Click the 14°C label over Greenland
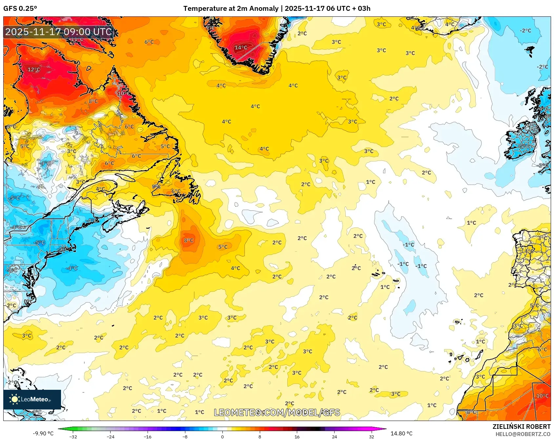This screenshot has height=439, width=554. coord(241,48)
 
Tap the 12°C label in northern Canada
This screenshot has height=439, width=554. coord(34,70)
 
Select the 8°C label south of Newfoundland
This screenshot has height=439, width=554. coord(189,240)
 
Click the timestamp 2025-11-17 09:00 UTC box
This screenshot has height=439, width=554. coord(59,32)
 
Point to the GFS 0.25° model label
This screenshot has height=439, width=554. coord(20,9)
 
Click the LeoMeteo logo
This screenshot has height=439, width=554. coord(32,399)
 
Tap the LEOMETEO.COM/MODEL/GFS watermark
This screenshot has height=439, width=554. coord(277,412)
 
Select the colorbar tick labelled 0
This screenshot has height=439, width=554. coord(222,436)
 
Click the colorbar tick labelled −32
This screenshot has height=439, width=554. coord(73,436)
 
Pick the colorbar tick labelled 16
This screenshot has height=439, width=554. coord(297,436)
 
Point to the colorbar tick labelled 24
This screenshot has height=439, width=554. coord(334,436)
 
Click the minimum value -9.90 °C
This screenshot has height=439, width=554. coord(43,433)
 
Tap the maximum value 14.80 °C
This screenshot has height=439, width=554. coord(401,433)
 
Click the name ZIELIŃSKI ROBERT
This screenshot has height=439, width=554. coord(521,427)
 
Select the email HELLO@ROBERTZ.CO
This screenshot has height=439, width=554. coord(523,434)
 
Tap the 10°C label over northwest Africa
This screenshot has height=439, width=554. coord(542,396)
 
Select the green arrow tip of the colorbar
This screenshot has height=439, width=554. coord(59,429)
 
